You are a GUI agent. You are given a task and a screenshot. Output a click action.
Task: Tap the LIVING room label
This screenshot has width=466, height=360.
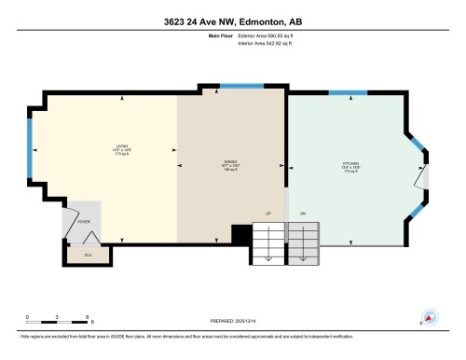pos(121,145)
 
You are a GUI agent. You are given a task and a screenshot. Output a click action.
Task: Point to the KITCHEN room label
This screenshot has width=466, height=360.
pos(350,166)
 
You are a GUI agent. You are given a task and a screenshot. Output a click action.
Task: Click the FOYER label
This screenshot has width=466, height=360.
pos(82,222)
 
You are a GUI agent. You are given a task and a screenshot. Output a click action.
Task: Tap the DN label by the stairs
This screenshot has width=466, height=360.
pos(303,215)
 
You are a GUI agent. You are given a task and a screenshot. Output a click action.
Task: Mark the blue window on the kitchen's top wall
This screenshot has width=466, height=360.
pos(348,91)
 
